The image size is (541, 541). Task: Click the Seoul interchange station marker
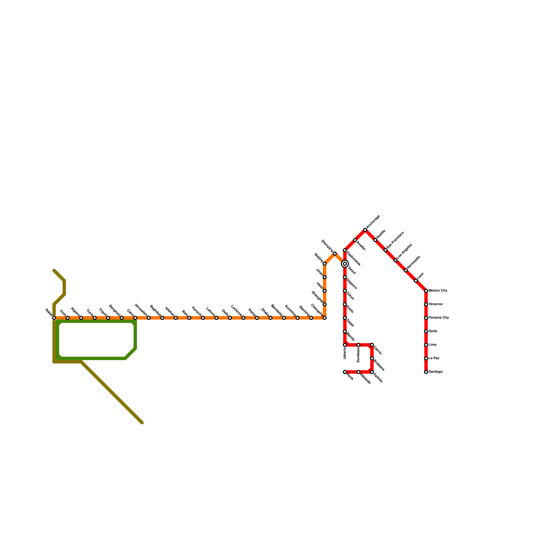click(x=345, y=264)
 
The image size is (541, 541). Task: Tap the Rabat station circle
click(x=54, y=318)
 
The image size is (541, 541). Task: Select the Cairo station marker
click(x=135, y=318)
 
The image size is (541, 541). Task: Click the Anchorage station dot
click(x=365, y=230)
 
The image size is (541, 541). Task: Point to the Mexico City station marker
click(x=426, y=291)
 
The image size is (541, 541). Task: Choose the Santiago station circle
click(x=426, y=372)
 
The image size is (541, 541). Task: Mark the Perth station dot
click(x=345, y=372)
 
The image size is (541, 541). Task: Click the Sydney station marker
click(x=372, y=372)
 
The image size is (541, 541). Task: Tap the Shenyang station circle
click(x=335, y=254)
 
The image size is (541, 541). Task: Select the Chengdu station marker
click(x=325, y=318)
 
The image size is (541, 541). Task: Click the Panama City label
click(x=439, y=318)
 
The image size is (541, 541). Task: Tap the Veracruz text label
click(x=436, y=304)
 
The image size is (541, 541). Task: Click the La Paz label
click(x=434, y=358)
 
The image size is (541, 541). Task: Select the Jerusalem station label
click(x=141, y=310)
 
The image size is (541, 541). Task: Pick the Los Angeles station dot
click(x=396, y=260)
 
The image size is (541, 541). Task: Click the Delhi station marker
click(x=230, y=318)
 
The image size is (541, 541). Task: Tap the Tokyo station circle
click(x=345, y=291)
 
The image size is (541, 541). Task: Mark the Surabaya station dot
click(x=358, y=345)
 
